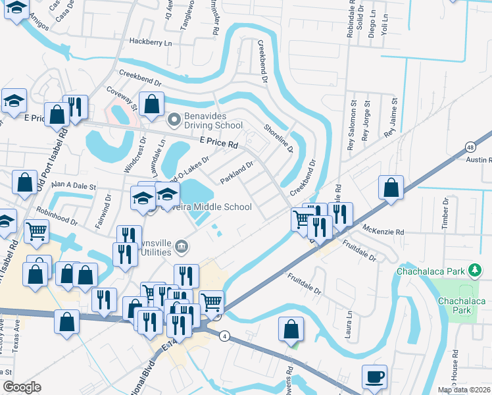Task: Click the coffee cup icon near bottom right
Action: [374, 377]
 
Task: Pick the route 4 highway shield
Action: [225, 336]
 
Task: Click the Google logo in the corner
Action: [22, 387]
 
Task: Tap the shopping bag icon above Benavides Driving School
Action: [151, 104]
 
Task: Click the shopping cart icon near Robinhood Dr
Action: [37, 231]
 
